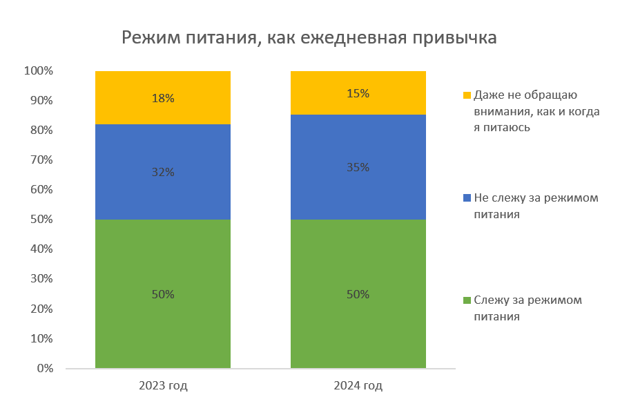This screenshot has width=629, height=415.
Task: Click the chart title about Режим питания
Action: coord(309,37)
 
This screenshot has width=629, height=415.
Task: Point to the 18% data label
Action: coord(163,98)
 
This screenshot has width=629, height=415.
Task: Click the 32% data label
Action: coord(163,172)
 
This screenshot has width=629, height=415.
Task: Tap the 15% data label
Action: coord(358,93)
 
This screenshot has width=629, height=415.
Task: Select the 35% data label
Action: coord(358,167)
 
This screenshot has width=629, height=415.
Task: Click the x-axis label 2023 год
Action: coord(163,385)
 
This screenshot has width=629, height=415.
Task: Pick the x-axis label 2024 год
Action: coord(358,385)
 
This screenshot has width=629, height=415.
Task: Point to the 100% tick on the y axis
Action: coord(39,70)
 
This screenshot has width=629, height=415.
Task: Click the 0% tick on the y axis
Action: coord(45,368)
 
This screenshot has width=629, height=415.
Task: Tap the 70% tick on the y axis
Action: coord(41,160)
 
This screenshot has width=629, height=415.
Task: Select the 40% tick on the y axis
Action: coord(41,249)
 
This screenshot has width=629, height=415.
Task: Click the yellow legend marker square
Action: coord(467,95)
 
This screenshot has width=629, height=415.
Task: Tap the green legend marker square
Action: coord(467,300)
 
